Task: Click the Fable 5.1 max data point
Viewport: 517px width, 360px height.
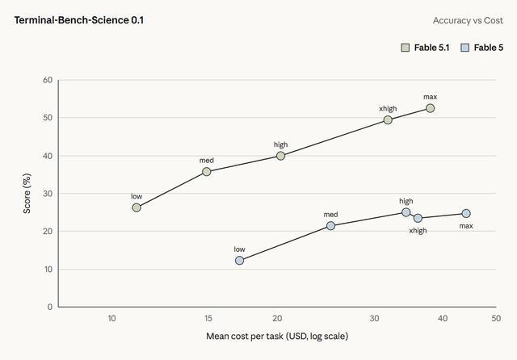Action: [x=430, y=108]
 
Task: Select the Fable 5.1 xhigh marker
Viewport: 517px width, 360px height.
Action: [x=388, y=120]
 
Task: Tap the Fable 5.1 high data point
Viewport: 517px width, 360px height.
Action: [x=280, y=156]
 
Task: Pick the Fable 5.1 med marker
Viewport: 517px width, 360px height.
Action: [x=207, y=172]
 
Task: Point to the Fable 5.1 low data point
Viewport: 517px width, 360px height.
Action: [x=137, y=207]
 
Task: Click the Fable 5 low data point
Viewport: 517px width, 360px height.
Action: [x=239, y=261]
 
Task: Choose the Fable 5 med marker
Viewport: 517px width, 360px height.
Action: [x=330, y=226]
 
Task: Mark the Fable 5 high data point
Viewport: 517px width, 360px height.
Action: [x=406, y=212]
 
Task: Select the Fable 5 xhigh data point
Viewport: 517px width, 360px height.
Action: [x=418, y=218]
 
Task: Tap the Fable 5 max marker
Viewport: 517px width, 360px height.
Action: [x=466, y=213]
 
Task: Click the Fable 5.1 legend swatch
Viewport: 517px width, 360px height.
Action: [x=406, y=48]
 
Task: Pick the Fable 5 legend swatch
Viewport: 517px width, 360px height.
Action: [x=465, y=48]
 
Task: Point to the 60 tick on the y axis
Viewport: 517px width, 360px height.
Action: [x=48, y=80]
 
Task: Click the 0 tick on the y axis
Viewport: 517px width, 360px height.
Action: [x=50, y=307]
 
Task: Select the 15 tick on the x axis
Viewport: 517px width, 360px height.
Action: [x=208, y=319]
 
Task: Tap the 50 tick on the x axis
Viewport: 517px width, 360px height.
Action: [x=496, y=319]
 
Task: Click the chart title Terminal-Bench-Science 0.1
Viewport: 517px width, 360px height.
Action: [x=79, y=20]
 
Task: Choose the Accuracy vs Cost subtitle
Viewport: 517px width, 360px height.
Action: [x=468, y=20]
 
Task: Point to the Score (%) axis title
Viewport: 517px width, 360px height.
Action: [x=27, y=194]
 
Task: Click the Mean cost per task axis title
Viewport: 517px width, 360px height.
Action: [x=277, y=337]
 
